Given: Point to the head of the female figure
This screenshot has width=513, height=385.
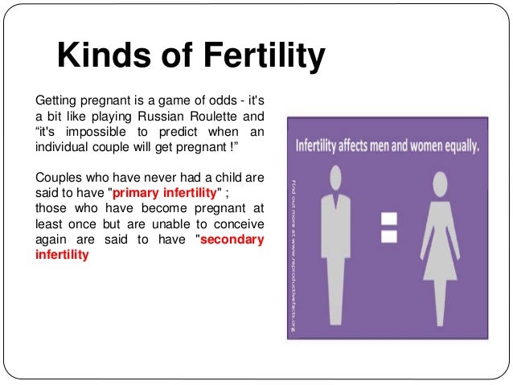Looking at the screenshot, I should pos(442,178).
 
